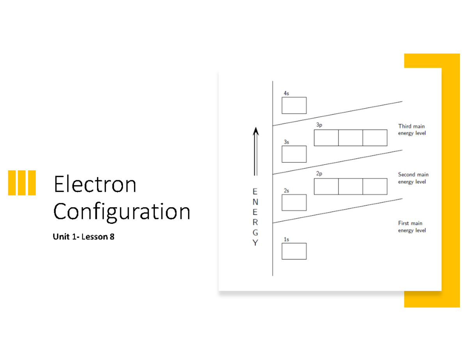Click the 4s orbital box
coord(294,105)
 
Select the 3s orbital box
coord(294,154)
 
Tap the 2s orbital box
coord(294,203)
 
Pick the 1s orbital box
coord(294,251)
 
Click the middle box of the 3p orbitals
coord(351,138)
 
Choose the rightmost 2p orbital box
coord(375,187)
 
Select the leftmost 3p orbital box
coord(326,138)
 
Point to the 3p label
coord(319,125)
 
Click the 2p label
coord(319,174)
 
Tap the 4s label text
coord(286,93)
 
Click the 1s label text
coord(286,239)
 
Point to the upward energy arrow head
coord(255,131)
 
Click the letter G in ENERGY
coord(255,233)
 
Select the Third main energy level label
coord(411,130)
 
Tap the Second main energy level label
coord(413,178)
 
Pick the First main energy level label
coord(411,227)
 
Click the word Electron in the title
coord(95,184)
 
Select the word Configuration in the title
coord(122,212)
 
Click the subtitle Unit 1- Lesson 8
coord(83,237)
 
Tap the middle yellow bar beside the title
coord(21,183)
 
